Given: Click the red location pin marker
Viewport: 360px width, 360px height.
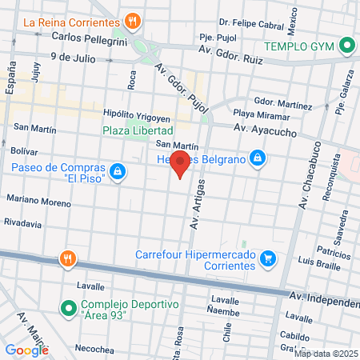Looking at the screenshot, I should point(181,164).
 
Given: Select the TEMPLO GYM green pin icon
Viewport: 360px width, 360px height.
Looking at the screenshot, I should point(346,46).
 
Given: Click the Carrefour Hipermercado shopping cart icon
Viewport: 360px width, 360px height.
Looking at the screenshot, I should point(268,259).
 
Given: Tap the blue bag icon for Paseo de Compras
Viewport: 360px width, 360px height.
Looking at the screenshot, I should point(118,172).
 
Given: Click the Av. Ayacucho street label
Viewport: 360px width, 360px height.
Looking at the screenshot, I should point(266,128).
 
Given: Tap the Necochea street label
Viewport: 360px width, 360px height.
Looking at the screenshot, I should point(94,350).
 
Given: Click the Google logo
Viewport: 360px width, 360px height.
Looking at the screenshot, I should point(26,350).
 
